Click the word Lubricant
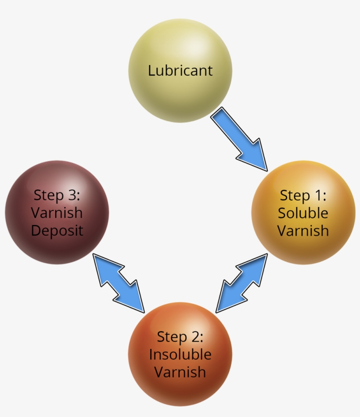click(x=180, y=71)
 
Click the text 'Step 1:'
click(x=303, y=195)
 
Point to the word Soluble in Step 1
click(x=303, y=213)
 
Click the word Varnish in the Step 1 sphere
click(x=303, y=231)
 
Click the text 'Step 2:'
click(x=180, y=337)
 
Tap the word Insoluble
click(x=180, y=355)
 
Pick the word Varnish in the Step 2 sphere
click(x=180, y=372)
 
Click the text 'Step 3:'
click(x=57, y=195)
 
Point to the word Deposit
click(x=57, y=231)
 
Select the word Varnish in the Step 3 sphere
click(x=57, y=213)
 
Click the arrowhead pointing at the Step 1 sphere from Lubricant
click(x=257, y=156)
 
